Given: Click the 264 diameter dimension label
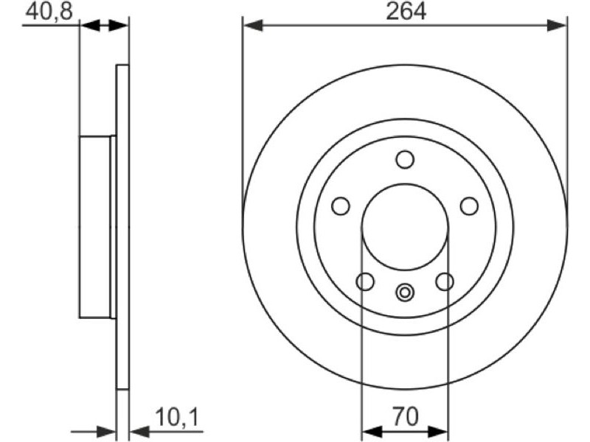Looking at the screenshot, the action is click(406, 11).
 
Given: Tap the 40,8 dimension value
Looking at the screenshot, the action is click(49, 11).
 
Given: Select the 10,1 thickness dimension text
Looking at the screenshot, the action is click(176, 417).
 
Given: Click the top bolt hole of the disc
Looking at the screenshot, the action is click(405, 159).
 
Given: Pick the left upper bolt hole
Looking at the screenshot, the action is click(341, 206).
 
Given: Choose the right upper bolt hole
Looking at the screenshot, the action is click(469, 206).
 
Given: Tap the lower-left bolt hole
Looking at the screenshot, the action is click(365, 281).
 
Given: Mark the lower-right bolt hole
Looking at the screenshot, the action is click(445, 281).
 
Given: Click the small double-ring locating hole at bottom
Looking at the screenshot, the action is click(405, 292).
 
